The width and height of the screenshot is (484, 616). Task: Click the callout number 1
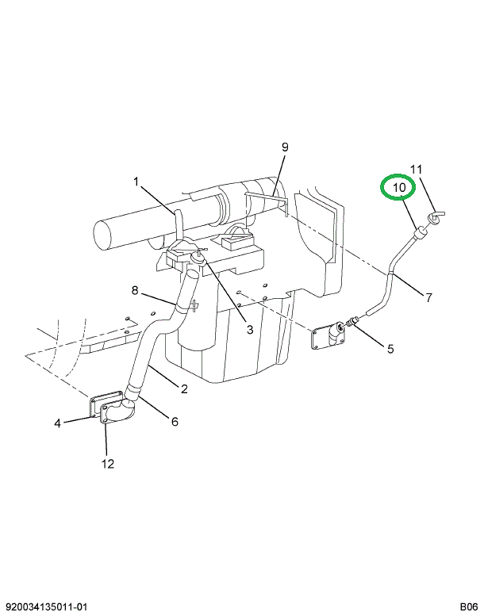[136, 182]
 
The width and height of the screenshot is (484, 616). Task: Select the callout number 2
[184, 388]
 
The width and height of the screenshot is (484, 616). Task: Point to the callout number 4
[58, 423]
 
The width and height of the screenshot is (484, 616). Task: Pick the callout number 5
[390, 348]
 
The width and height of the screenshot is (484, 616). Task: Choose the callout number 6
[175, 422]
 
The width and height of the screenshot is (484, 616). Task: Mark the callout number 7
[428, 298]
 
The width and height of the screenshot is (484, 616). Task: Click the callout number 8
[135, 290]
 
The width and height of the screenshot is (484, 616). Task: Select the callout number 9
[285, 147]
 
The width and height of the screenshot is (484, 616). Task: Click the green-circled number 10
[399, 188]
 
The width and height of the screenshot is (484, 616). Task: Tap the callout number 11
[417, 169]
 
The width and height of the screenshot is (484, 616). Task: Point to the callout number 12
[107, 464]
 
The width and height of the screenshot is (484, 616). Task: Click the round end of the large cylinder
[105, 234]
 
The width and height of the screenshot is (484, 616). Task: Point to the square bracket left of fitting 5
[327, 336]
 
